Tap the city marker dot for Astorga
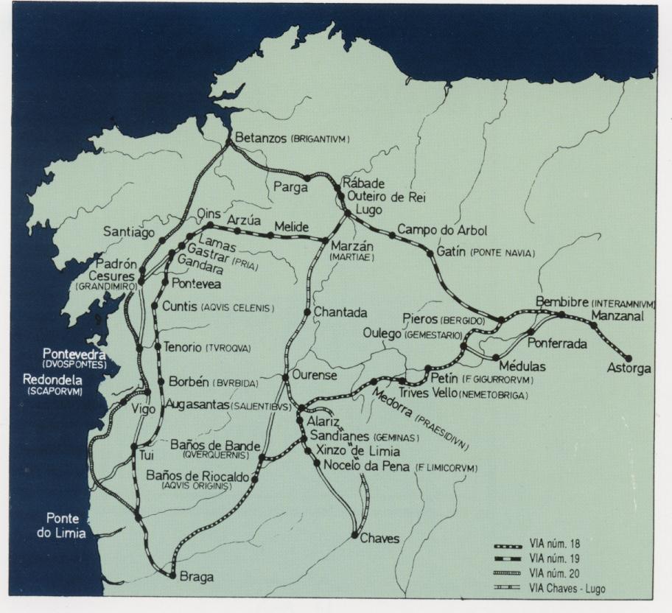628,357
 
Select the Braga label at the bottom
196,578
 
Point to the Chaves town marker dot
354,536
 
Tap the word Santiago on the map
129,232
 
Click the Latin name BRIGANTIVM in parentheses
318,139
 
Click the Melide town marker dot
270,236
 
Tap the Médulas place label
522,365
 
